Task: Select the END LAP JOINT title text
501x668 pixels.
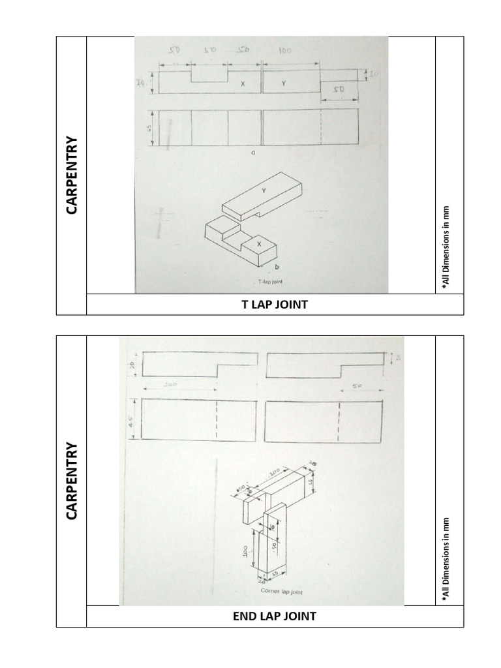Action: (x=275, y=616)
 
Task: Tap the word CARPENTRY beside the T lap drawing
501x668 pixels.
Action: (x=71, y=175)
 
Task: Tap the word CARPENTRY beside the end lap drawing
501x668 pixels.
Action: (x=71, y=481)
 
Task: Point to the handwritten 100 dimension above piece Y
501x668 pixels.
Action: (x=284, y=50)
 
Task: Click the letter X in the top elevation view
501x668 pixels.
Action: (x=243, y=84)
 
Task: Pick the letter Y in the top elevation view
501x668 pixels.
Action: (x=284, y=83)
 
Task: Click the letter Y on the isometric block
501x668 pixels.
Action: (x=264, y=190)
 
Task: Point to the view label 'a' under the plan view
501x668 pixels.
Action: (x=252, y=154)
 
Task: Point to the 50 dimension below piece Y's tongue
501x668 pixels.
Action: (x=339, y=89)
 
